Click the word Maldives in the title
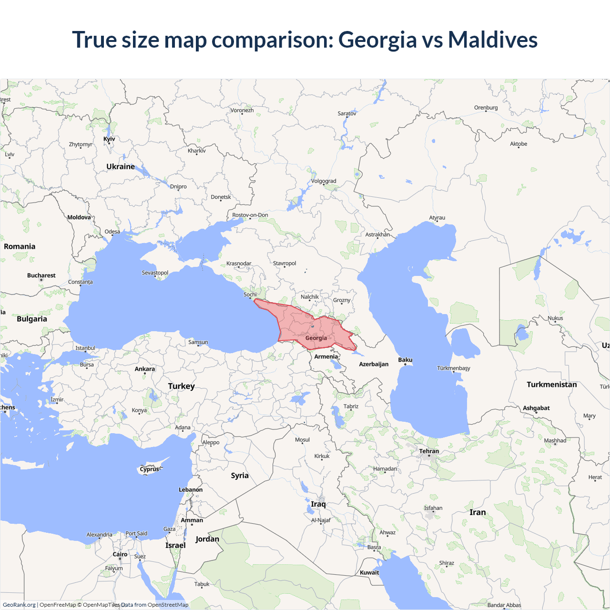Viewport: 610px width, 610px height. point(493,40)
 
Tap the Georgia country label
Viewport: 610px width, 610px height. point(316,338)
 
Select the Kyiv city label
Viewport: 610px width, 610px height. point(109,139)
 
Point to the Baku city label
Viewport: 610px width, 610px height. point(405,360)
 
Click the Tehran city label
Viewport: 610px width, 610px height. point(429,451)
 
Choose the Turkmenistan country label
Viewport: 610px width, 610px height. point(551,385)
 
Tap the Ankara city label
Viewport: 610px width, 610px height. point(144,369)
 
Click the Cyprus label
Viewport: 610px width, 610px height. point(149,469)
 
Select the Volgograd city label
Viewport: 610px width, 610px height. point(324,181)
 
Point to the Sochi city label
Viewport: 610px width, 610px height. point(250,295)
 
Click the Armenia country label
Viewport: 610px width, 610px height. point(326,356)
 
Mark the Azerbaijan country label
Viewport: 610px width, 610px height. point(374,364)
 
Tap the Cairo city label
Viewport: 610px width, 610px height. point(120,554)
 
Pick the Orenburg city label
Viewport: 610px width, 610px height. point(486,108)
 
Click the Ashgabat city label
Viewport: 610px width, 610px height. point(536,408)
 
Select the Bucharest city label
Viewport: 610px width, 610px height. point(41,275)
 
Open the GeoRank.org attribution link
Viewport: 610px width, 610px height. point(19,605)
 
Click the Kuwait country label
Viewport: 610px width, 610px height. point(369,573)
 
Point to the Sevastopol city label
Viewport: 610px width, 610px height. point(155,273)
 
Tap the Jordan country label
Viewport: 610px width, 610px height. point(207,539)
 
